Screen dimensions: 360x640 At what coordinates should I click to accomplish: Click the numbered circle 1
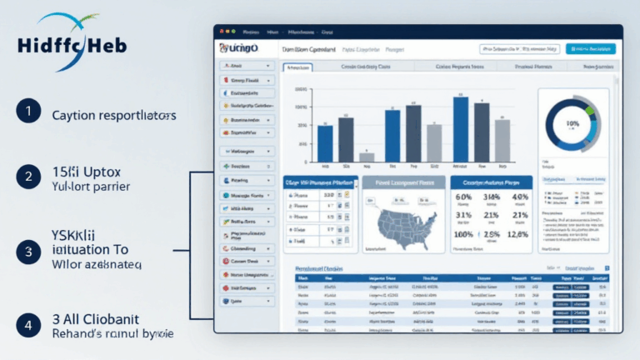point(28,111)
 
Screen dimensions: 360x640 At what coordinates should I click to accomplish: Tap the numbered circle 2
point(28,177)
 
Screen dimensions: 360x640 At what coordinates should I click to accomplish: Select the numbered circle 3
point(28,251)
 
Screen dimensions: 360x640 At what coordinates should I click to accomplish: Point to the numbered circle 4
point(28,325)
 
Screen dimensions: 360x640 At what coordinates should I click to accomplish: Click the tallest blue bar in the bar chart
point(460,127)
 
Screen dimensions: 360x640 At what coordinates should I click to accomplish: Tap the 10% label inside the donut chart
point(572,122)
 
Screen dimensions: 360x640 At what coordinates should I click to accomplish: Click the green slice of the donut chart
point(589,109)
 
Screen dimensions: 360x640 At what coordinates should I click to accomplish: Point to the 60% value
point(464,198)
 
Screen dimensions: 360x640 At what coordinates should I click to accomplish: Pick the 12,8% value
point(517,234)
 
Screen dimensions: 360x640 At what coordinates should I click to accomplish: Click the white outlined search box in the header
point(519,49)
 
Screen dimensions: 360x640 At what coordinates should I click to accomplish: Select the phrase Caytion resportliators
point(113,116)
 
